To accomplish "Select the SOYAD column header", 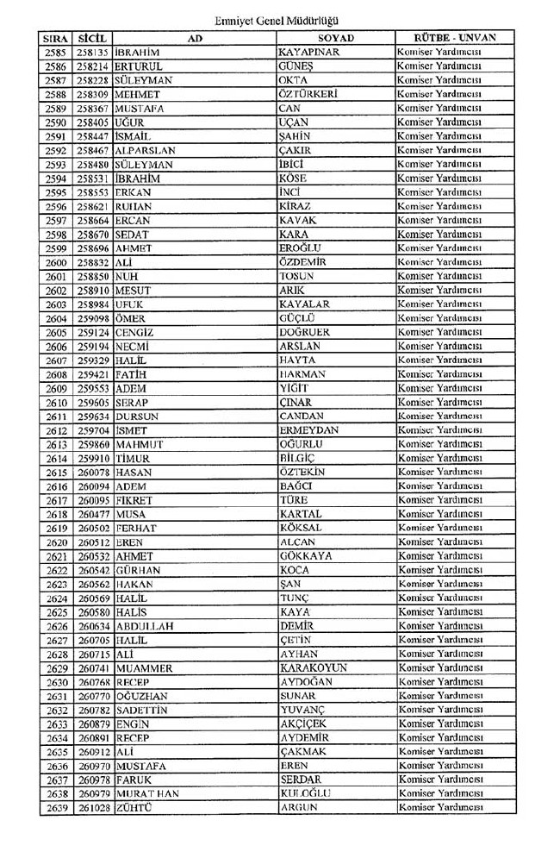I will [x=335, y=38].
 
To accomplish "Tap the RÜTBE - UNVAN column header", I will [x=455, y=38].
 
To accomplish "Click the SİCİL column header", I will [x=91, y=38].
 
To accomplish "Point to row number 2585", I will [x=55, y=52].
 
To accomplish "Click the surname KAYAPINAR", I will [x=309, y=52].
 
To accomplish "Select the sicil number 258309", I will [x=93, y=94].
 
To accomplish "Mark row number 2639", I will [x=55, y=807].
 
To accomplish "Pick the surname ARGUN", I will [x=299, y=807].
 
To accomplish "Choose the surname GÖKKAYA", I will [x=306, y=556].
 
